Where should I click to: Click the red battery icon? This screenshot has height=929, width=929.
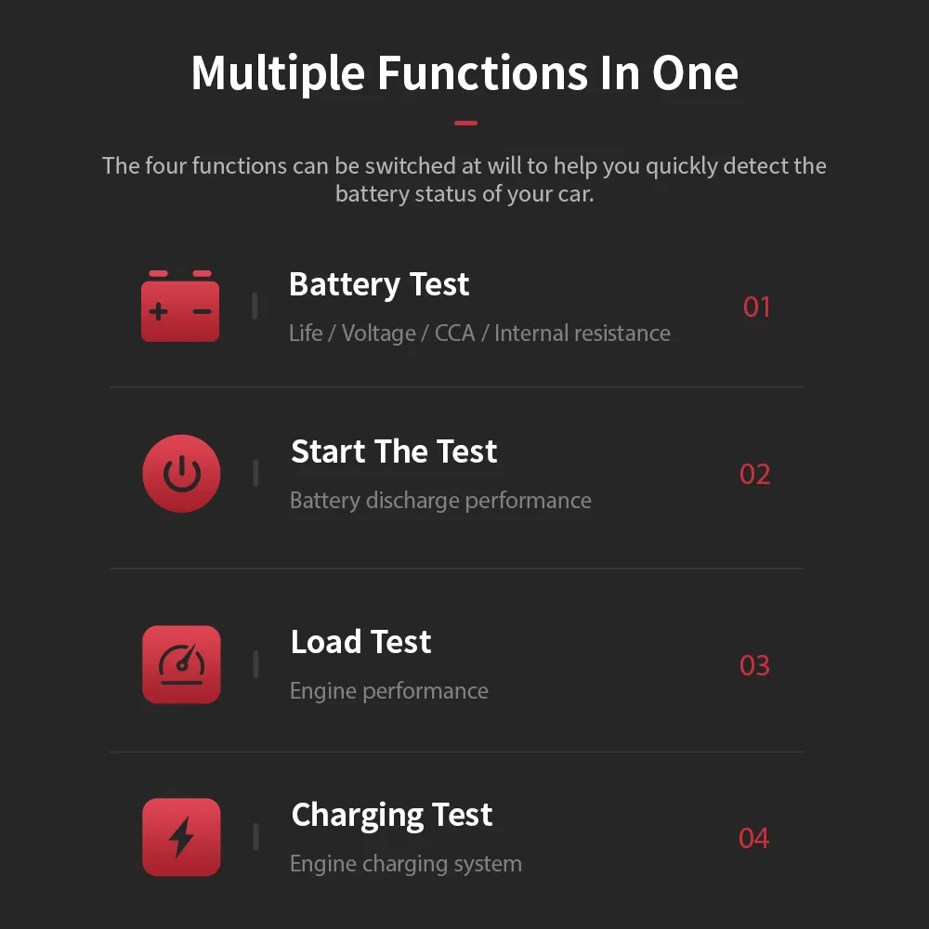point(180,306)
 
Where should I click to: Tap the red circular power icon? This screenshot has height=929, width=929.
point(181,474)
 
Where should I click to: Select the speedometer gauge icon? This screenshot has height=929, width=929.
point(181,664)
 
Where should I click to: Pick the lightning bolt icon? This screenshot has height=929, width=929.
point(181,837)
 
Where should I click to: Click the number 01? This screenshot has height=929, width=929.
point(756,307)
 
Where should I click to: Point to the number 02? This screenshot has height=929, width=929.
point(754,475)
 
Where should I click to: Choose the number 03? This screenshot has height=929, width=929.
point(754,665)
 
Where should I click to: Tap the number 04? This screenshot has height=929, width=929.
point(753,838)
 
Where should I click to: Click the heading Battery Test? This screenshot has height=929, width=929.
point(379,285)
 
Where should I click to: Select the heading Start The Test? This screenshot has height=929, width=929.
point(394,451)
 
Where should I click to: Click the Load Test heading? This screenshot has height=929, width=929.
point(360,642)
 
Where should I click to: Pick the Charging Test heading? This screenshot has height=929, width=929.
point(392,816)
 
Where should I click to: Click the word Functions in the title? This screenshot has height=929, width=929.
point(483,72)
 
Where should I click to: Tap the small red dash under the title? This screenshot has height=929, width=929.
point(465,124)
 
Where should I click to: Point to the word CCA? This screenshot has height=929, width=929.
point(454,333)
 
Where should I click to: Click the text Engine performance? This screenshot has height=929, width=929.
point(388,691)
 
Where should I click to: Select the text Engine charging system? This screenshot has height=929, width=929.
point(406,864)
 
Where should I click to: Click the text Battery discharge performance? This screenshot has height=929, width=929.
point(440,502)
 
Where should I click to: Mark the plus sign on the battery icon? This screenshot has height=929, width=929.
point(158,311)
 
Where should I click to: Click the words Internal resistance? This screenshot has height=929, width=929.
point(582,333)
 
